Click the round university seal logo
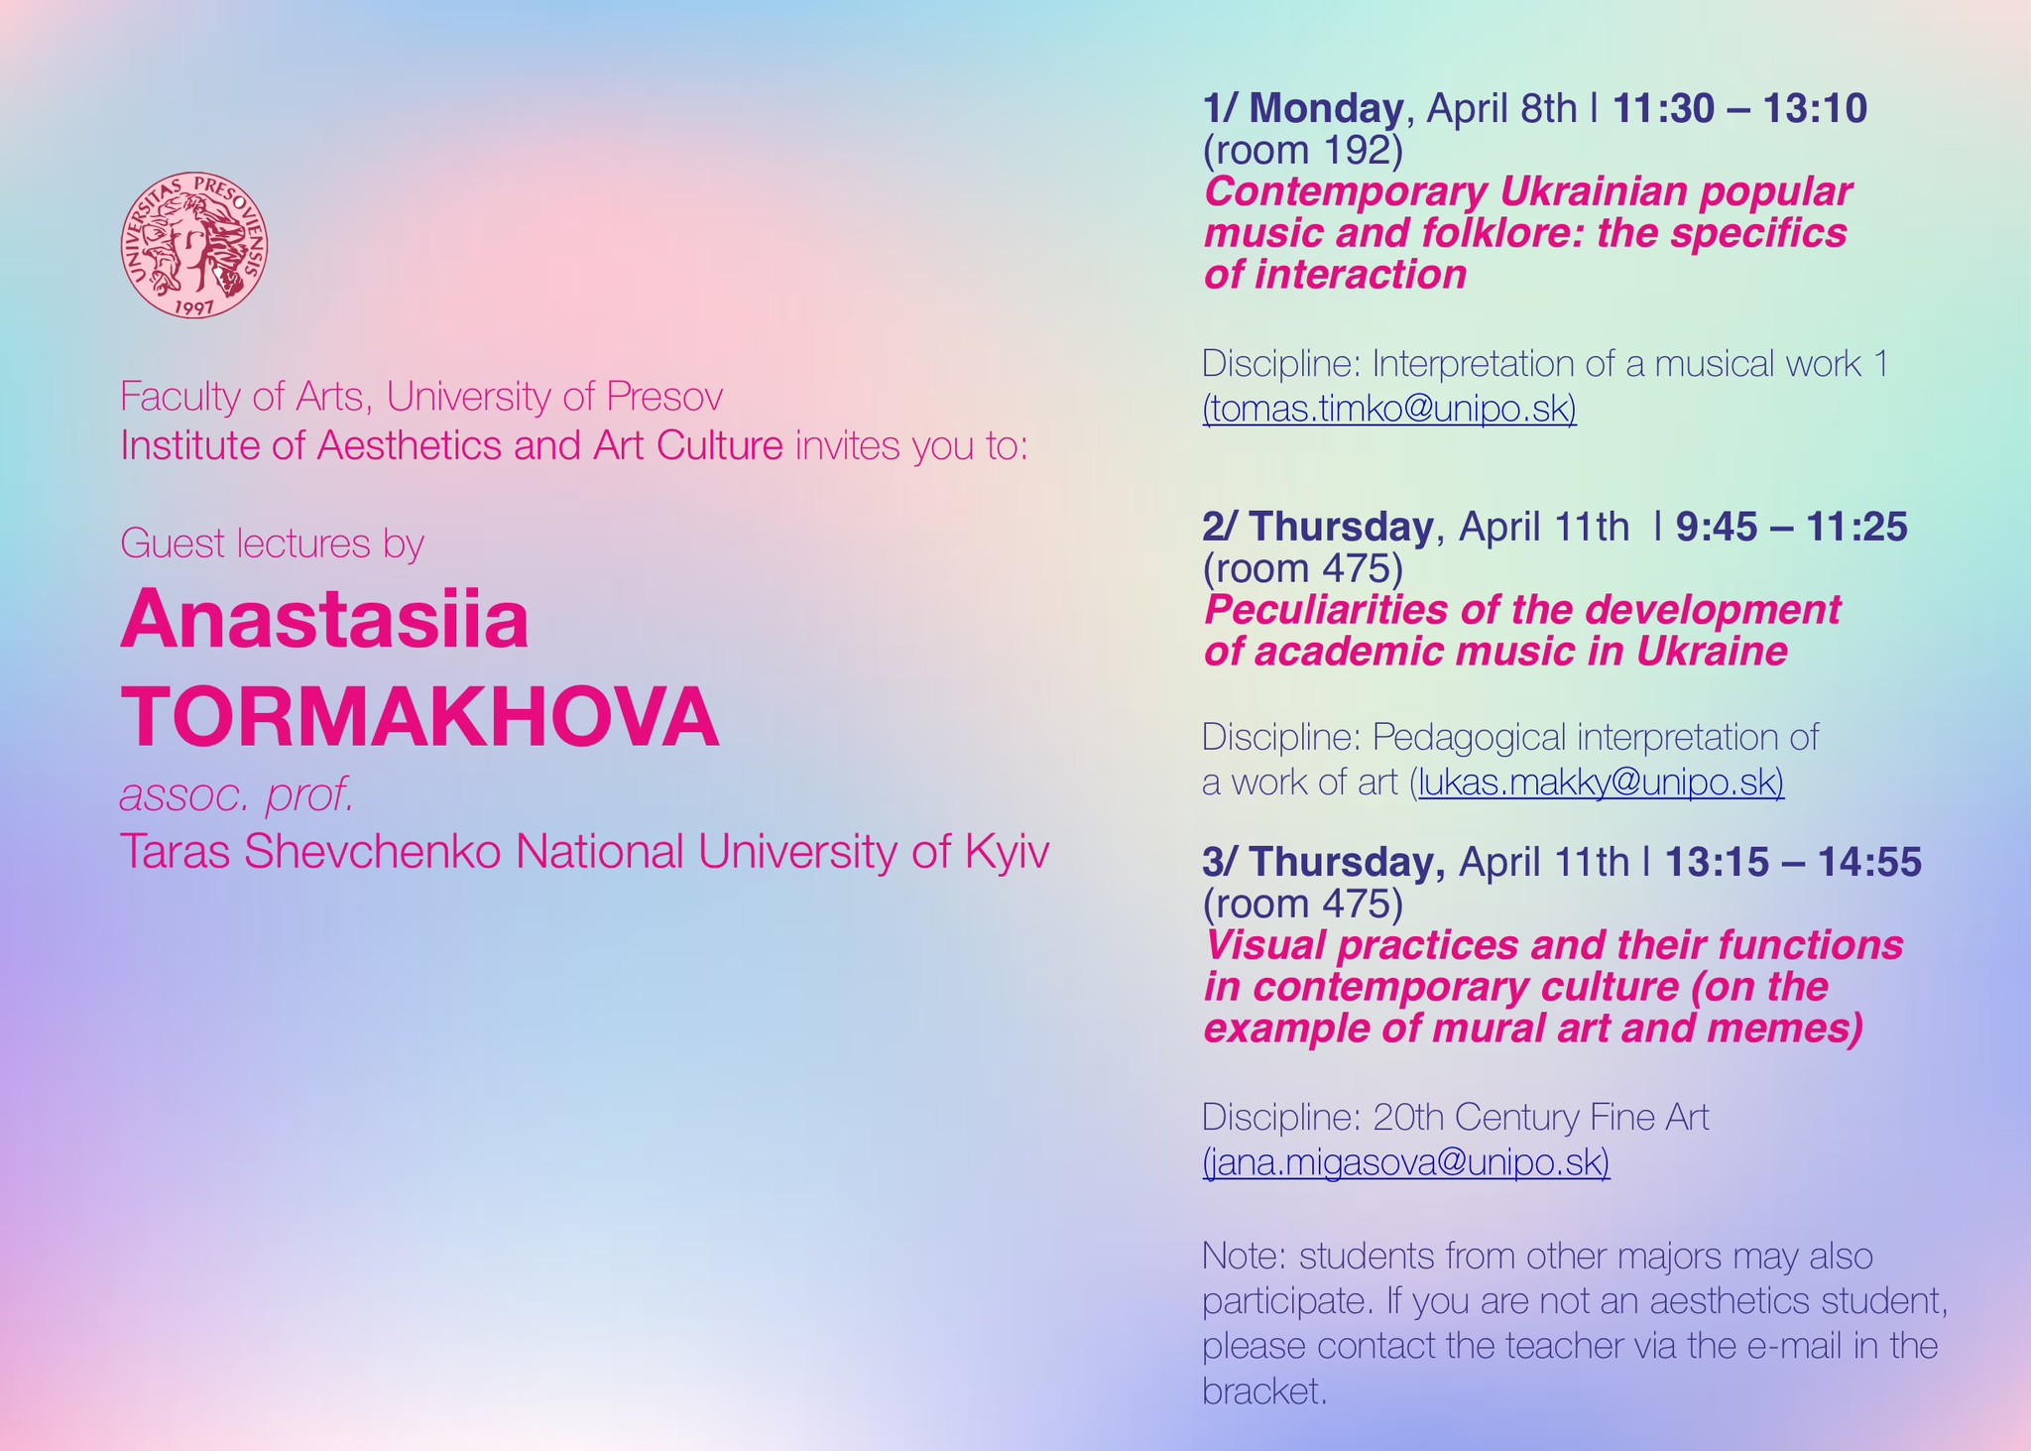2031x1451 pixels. click(x=194, y=246)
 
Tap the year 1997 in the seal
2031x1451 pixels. click(x=194, y=307)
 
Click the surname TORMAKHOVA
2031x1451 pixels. click(x=420, y=717)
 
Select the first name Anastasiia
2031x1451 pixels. click(x=325, y=620)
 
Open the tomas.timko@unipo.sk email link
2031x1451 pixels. click(x=1389, y=409)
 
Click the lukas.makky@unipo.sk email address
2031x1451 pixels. click(x=1602, y=783)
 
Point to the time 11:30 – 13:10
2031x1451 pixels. click(x=1740, y=109)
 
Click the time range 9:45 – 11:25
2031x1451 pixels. click(x=1792, y=527)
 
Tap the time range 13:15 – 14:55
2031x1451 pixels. click(x=1793, y=862)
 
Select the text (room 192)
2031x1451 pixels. click(x=1303, y=151)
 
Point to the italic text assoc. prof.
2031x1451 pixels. click(x=237, y=796)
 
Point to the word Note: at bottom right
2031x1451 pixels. click(x=1244, y=1257)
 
